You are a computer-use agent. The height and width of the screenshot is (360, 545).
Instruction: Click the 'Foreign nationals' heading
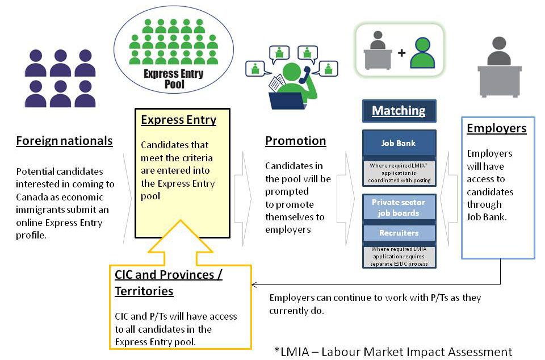pyautogui.click(x=64, y=141)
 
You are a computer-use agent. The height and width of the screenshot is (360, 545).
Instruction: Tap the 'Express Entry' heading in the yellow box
pyautogui.click(x=179, y=120)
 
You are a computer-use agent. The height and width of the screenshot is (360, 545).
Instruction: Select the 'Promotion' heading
pyautogui.click(x=295, y=141)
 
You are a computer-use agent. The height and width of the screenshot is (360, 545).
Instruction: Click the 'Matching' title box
pyautogui.click(x=399, y=111)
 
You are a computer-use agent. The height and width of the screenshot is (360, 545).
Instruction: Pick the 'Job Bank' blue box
pyautogui.click(x=399, y=143)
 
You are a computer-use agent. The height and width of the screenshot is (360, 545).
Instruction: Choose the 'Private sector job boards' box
pyautogui.click(x=399, y=207)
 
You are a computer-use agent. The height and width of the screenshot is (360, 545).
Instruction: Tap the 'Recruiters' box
pyautogui.click(x=399, y=233)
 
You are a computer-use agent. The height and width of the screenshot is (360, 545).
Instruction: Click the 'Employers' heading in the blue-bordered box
pyautogui.click(x=496, y=128)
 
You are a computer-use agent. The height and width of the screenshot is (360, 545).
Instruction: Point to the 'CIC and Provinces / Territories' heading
pyautogui.click(x=169, y=283)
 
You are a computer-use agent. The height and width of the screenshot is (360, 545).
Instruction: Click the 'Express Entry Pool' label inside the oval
pyautogui.click(x=174, y=79)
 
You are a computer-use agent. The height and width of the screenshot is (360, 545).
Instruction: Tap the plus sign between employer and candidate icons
pyautogui.click(x=402, y=53)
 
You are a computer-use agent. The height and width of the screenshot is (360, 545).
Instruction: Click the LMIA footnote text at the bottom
pyautogui.click(x=393, y=351)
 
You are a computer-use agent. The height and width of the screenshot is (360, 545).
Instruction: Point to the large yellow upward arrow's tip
pyautogui.click(x=181, y=220)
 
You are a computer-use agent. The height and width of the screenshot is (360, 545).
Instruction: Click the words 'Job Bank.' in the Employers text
pyautogui.click(x=487, y=217)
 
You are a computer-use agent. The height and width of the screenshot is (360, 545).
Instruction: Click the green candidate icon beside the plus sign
pyautogui.click(x=422, y=53)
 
